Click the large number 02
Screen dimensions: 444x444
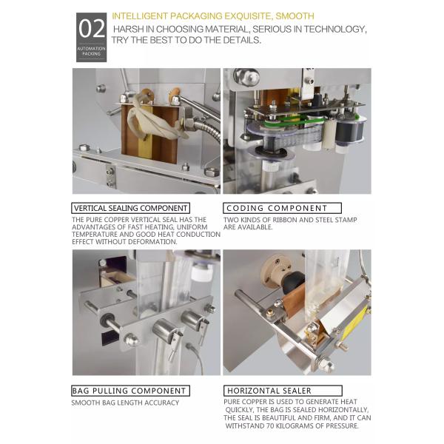click(92, 29)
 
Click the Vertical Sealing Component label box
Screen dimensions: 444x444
click(130, 208)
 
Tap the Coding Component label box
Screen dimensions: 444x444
click(282, 208)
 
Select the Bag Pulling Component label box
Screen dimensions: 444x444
click(130, 391)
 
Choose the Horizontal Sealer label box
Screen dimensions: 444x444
click(283, 391)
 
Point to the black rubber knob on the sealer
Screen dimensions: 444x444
click(293, 281)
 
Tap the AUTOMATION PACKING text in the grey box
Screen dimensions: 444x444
click(92, 51)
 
